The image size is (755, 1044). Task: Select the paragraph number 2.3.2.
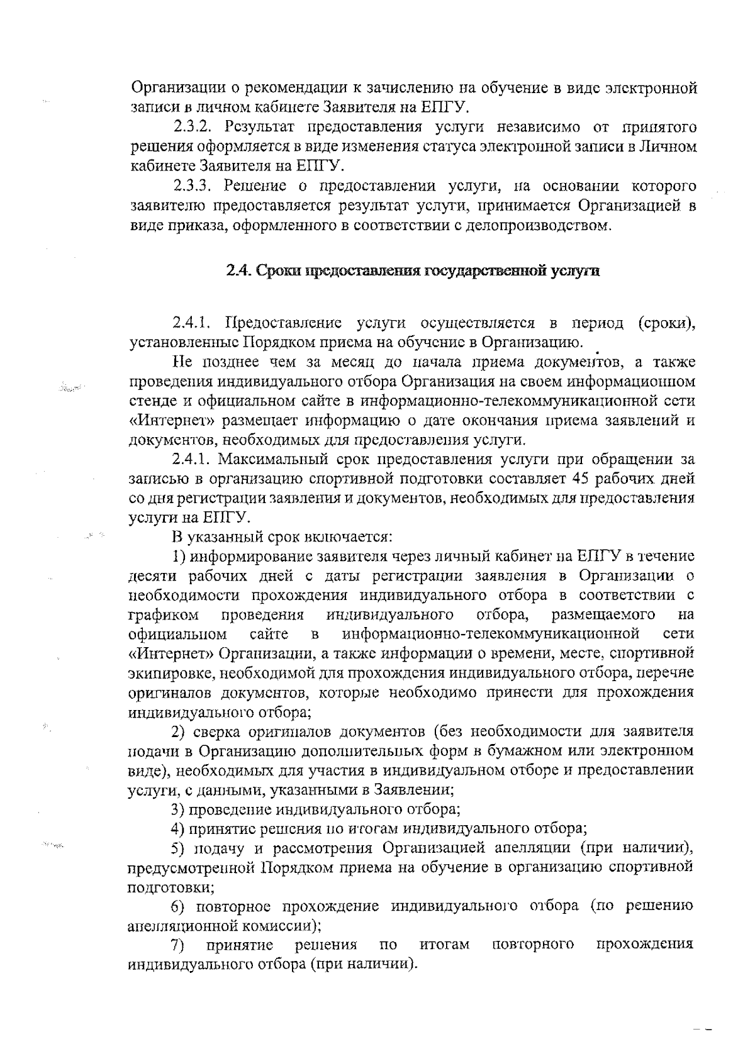point(191,128)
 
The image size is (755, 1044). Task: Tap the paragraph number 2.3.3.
point(191,186)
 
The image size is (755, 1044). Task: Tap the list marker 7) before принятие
point(178,944)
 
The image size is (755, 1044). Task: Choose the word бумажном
point(550,751)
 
